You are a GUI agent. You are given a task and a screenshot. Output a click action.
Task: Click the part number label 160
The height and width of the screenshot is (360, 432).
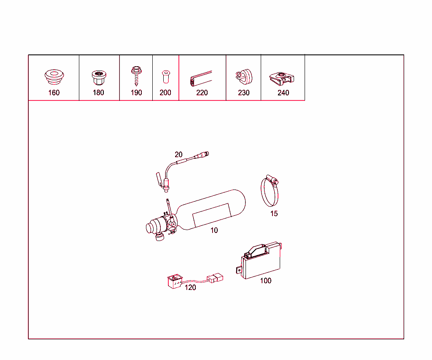(x=54, y=92)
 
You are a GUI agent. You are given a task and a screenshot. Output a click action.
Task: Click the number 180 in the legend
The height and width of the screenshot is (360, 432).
(x=98, y=92)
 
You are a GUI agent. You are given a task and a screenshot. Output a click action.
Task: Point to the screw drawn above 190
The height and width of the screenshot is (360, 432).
(x=136, y=75)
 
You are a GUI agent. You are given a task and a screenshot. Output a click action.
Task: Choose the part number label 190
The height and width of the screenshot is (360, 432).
(x=136, y=92)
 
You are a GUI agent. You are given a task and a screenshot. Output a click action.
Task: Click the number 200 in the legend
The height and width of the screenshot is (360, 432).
(x=165, y=92)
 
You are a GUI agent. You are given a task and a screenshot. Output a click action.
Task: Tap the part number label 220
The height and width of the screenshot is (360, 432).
(x=202, y=92)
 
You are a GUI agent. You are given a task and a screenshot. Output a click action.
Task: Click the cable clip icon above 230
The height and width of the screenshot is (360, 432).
(x=243, y=76)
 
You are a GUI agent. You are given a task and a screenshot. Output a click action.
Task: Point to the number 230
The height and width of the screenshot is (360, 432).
(x=244, y=92)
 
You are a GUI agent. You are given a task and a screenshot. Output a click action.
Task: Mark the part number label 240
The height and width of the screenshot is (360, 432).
(x=283, y=92)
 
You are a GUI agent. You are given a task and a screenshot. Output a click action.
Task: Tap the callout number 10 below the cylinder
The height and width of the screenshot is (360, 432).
(x=214, y=230)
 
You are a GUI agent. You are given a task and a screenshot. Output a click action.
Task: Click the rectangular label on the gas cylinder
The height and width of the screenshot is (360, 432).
(x=211, y=214)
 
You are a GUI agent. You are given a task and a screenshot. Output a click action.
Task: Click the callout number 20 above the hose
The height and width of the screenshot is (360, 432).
(x=179, y=154)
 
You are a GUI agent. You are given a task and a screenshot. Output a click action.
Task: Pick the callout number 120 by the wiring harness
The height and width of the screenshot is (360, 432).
(x=191, y=287)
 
